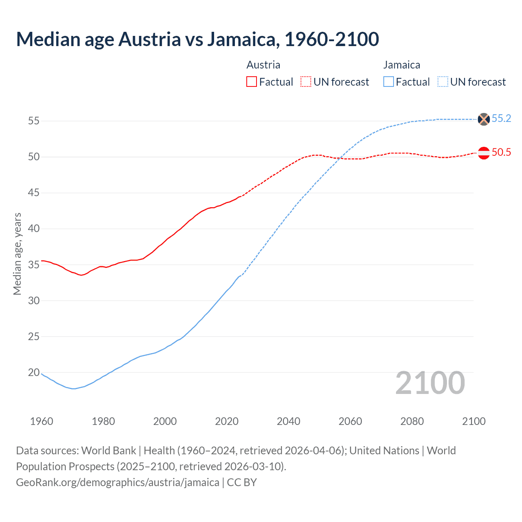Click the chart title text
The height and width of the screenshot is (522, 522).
[x=197, y=39]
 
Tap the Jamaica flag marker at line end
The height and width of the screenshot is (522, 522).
[x=483, y=119]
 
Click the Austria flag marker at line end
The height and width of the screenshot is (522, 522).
[x=483, y=153]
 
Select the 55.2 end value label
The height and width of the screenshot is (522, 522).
[x=501, y=119]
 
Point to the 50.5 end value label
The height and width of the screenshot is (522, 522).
[x=501, y=153]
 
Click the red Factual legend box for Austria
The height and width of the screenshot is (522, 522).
[x=252, y=82]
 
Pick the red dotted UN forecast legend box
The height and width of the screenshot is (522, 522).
[x=306, y=82]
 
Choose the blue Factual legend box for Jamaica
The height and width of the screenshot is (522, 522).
[x=388, y=82]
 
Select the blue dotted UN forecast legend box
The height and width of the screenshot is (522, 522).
[x=442, y=82]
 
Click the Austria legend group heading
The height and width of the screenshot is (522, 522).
[x=263, y=65]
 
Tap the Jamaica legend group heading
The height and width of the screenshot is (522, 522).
[x=401, y=65]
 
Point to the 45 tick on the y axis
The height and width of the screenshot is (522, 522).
[x=34, y=192]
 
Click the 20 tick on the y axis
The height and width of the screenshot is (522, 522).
[x=34, y=372]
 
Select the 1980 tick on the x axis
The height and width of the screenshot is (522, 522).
[x=103, y=421]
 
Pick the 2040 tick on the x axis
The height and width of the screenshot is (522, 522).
[x=288, y=421]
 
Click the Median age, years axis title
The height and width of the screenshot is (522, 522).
[x=17, y=254]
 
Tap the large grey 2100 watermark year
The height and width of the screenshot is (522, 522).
[x=430, y=383]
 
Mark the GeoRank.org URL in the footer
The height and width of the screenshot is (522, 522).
[x=117, y=482]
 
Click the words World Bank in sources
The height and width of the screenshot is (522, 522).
[x=108, y=451]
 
